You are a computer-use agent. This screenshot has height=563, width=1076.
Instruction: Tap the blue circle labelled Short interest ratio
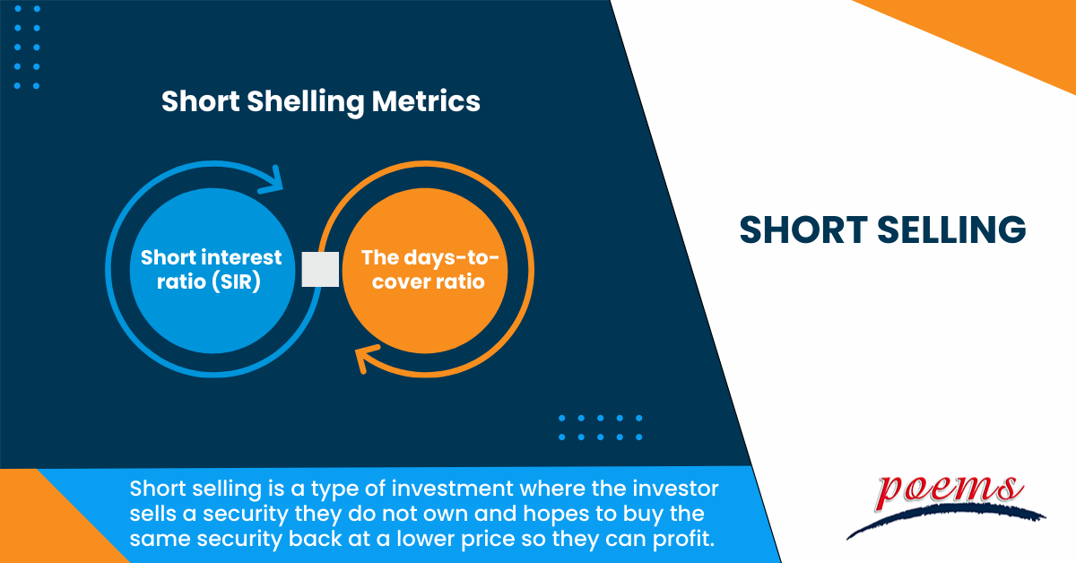[212, 269]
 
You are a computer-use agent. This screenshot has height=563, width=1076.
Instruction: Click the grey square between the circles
[320, 269]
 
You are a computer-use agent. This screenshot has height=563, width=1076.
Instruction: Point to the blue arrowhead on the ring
[271, 178]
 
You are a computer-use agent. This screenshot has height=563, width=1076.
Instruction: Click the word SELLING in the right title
[954, 230]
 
